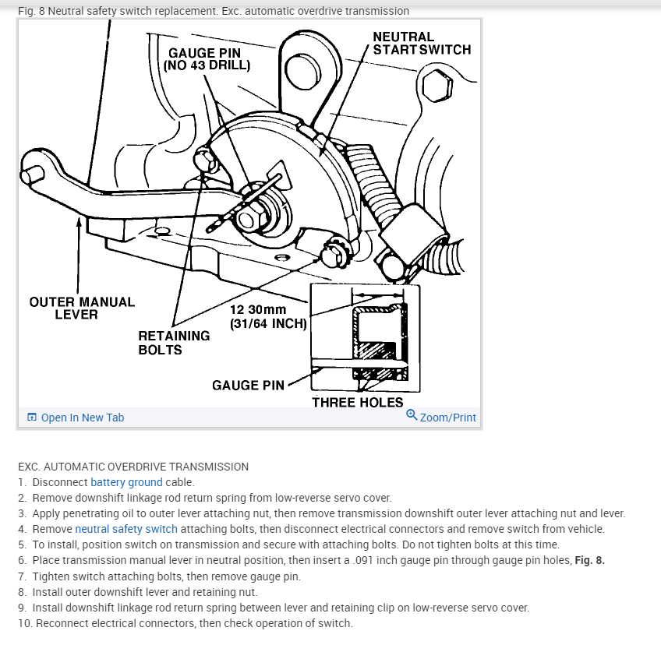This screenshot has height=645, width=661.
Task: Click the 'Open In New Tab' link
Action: [82, 418]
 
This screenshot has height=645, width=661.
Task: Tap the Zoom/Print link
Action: [447, 418]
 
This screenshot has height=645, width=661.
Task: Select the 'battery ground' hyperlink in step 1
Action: [126, 482]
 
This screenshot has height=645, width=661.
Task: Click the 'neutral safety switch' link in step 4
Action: [126, 529]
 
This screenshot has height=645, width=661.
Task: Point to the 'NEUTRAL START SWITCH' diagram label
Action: [422, 43]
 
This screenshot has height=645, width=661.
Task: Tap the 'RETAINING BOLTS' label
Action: [174, 343]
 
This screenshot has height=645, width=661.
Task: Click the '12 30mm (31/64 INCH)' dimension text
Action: [268, 316]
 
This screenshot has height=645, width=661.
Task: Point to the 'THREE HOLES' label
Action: [358, 403]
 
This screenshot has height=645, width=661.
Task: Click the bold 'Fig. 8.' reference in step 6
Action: [589, 560]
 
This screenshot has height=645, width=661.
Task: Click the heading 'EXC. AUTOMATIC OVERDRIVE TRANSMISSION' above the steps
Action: [133, 467]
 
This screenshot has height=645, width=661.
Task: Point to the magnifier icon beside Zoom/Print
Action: [412, 415]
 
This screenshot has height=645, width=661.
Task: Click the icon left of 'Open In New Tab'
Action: [32, 418]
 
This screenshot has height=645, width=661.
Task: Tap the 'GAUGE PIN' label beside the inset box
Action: [248, 385]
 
